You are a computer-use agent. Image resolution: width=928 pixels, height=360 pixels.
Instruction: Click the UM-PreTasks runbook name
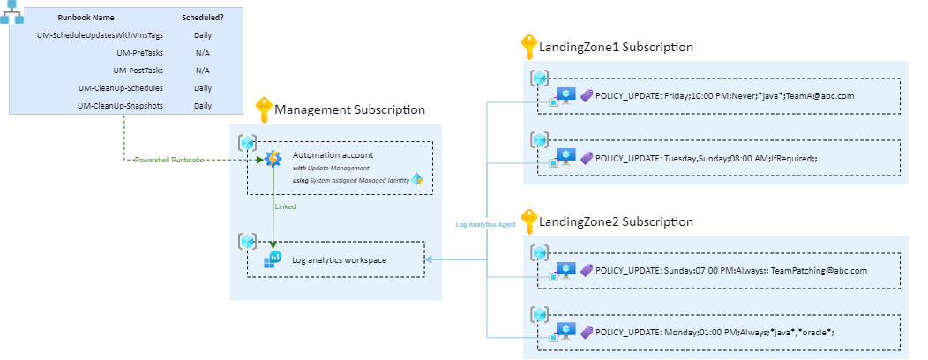point(139,53)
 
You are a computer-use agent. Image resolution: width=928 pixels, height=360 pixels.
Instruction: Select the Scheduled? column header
point(202,17)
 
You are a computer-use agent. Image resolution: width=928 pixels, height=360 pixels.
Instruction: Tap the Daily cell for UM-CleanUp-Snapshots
point(202,105)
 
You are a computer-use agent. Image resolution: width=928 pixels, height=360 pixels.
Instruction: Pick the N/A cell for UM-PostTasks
point(202,71)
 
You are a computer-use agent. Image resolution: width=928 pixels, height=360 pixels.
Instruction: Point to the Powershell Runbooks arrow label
point(168,160)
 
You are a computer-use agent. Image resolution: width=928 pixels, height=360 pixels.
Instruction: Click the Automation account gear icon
point(273,159)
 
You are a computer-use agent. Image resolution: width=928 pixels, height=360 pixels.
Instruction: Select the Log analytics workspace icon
point(273,259)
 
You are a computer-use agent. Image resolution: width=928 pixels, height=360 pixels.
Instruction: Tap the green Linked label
point(285,206)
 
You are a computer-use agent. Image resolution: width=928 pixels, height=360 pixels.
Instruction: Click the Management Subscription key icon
point(263,110)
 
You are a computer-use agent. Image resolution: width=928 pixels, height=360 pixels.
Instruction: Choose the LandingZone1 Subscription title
point(616,47)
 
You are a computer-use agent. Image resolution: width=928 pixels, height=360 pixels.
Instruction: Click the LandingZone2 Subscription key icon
point(528,221)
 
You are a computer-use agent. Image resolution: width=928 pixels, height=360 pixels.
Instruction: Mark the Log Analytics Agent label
point(485,224)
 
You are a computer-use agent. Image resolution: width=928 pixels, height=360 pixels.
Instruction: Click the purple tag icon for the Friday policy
point(586,94)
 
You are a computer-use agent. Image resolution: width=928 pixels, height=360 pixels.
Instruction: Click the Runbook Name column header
point(86,17)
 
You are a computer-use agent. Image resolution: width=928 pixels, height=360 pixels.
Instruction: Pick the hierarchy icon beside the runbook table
point(11,12)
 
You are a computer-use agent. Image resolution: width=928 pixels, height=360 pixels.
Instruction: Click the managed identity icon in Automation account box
point(417,179)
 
